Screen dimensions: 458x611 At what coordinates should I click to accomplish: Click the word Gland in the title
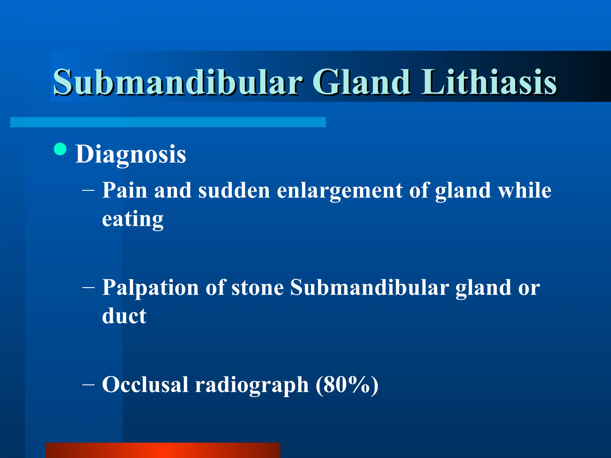pyautogui.click(x=361, y=82)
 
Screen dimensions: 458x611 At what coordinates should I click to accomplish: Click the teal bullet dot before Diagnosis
pyautogui.click(x=61, y=149)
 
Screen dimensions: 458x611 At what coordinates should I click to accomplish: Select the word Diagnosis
pyautogui.click(x=131, y=154)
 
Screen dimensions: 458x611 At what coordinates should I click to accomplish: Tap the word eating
pyautogui.click(x=133, y=219)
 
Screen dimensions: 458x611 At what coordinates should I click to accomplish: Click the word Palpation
pyautogui.click(x=150, y=288)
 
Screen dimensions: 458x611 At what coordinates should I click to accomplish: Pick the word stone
pyautogui.click(x=257, y=288)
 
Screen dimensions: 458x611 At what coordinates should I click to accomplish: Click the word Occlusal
pyautogui.click(x=145, y=384)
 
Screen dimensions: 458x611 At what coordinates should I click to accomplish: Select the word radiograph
pyautogui.click(x=252, y=385)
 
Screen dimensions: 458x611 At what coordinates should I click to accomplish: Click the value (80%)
pyautogui.click(x=347, y=385)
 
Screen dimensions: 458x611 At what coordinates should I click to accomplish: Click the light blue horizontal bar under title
pyautogui.click(x=168, y=122)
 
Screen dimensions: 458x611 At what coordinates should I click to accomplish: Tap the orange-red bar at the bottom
pyautogui.click(x=163, y=450)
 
